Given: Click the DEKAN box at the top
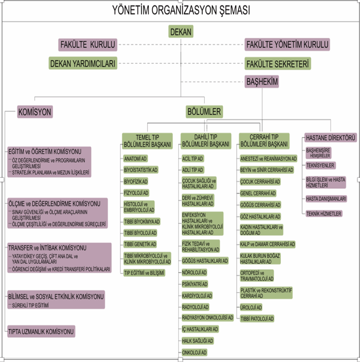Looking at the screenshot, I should click(181, 32).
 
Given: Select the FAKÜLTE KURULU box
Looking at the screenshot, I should click(88, 45).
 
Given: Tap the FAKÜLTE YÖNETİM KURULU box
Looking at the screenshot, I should click(287, 45).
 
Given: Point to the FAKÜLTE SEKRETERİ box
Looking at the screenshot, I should click(277, 64).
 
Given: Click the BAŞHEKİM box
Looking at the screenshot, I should click(262, 82).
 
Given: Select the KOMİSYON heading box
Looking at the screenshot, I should click(35, 112).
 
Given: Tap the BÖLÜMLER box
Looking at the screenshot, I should click(204, 112).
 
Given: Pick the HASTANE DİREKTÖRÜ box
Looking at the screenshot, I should click(331, 138).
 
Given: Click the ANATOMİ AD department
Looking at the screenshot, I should click(135, 159).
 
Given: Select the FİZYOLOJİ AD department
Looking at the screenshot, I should click(136, 193).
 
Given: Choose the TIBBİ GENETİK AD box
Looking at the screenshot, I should click(140, 244).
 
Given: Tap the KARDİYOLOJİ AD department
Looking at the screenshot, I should click(197, 296).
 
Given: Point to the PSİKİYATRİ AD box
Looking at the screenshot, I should click(195, 284).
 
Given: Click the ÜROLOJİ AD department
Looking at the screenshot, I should click(251, 307).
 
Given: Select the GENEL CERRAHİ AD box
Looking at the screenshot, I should click(258, 193).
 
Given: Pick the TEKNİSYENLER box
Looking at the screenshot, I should click(320, 165).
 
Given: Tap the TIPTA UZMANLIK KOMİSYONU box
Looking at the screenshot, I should click(41, 332).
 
